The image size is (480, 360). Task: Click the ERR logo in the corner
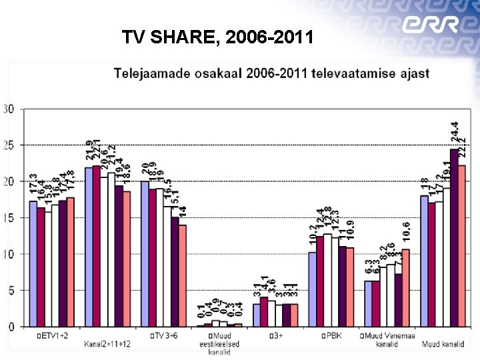430,26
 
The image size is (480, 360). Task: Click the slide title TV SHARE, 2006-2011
217,37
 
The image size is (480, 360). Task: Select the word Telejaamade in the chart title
147,73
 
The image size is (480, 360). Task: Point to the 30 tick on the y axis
9,109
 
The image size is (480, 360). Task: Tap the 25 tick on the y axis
9,145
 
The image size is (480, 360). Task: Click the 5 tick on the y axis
11,291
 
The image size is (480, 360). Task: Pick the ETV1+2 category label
55,335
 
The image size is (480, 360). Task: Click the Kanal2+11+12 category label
107,344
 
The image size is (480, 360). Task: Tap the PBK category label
333,335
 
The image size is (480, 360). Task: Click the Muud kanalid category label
443,344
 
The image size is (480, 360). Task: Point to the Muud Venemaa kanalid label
387,339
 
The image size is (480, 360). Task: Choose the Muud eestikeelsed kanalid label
220,344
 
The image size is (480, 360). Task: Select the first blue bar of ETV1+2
33,263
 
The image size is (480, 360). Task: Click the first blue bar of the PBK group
312,289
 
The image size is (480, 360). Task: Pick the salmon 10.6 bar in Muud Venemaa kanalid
405,288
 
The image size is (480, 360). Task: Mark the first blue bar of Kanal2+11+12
89,247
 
